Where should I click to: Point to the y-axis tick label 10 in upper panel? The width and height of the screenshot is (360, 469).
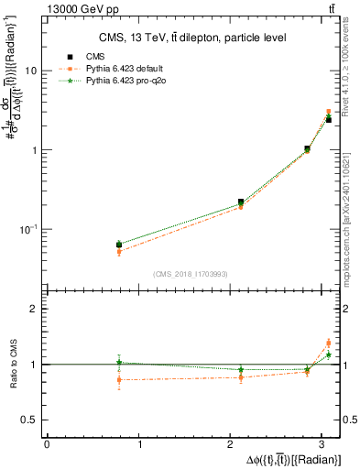[31, 71]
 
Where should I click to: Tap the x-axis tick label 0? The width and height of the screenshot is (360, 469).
[47, 444]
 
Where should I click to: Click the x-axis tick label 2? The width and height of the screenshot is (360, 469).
[233, 444]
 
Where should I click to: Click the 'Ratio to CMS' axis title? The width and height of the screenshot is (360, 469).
[12, 365]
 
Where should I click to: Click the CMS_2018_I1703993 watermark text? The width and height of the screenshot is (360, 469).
[190, 274]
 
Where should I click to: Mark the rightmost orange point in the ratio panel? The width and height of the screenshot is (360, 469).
[328, 343]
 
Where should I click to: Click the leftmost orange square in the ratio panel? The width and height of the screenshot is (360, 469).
[119, 379]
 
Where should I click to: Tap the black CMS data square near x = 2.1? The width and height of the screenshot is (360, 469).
[241, 202]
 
